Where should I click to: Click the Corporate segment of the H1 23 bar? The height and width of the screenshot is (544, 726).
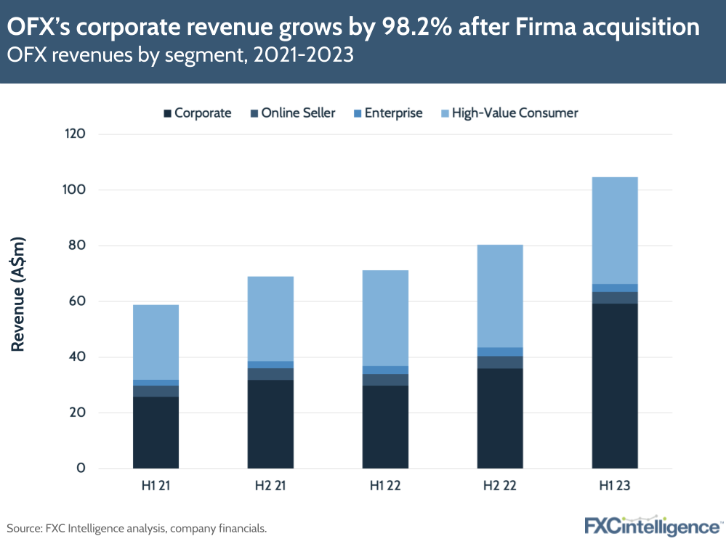(x=615, y=386)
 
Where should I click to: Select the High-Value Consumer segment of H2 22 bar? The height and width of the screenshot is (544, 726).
(x=500, y=296)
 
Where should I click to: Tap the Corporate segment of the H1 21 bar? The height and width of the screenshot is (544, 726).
(x=156, y=432)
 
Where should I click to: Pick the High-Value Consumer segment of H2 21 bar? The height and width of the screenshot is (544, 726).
(x=270, y=319)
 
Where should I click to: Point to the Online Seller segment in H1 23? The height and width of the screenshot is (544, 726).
(x=615, y=298)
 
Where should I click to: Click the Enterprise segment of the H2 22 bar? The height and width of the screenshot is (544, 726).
(x=500, y=352)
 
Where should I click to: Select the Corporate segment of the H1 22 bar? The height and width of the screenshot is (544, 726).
(x=385, y=426)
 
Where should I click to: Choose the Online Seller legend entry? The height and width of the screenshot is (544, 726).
(x=292, y=113)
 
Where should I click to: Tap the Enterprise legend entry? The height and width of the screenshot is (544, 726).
(x=387, y=113)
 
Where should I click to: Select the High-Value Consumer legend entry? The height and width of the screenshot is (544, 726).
(x=509, y=113)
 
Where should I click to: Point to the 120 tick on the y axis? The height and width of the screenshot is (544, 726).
(x=75, y=134)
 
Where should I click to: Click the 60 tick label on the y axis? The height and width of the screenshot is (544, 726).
(x=78, y=301)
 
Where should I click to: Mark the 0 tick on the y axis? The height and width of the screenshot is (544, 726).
(x=82, y=468)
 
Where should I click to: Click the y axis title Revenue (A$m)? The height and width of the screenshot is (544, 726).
(x=19, y=294)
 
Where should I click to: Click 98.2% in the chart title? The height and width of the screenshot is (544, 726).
(x=411, y=28)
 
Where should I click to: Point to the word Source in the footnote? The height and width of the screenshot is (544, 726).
(x=24, y=528)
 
